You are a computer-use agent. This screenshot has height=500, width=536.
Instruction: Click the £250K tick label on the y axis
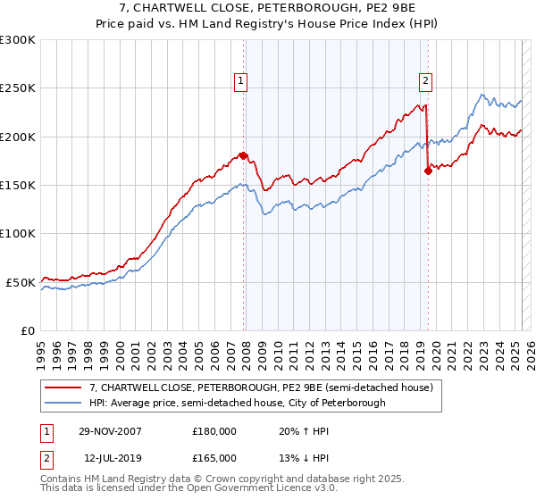(18, 88)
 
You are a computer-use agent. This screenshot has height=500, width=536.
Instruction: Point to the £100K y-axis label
(18, 233)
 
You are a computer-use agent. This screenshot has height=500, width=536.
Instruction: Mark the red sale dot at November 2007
(244, 155)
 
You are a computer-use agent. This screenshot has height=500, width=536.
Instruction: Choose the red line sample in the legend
(63, 388)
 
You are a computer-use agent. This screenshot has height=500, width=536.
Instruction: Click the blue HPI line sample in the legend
(63, 404)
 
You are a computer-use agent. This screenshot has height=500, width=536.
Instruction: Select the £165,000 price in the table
(214, 457)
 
